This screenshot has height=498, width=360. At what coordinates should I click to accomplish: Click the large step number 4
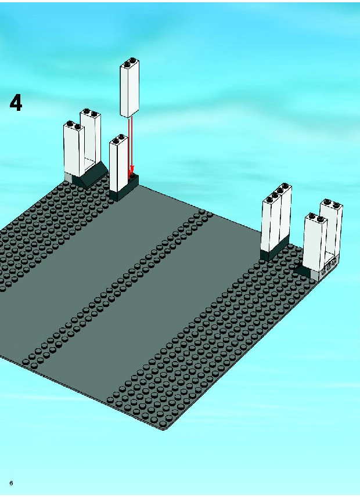(16, 103)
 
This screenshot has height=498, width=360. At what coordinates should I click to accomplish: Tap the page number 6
(12, 483)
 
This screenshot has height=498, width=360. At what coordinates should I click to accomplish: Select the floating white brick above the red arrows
(129, 88)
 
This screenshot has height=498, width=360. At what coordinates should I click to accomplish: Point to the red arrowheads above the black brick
(131, 171)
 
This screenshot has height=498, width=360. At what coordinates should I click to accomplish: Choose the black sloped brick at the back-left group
(90, 175)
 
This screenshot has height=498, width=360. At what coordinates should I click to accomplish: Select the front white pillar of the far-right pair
(314, 243)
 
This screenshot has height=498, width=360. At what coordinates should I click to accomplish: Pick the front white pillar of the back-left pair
(74, 149)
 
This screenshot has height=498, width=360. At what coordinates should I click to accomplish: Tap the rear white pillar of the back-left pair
(91, 136)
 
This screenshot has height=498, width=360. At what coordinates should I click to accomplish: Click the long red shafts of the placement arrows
(130, 143)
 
